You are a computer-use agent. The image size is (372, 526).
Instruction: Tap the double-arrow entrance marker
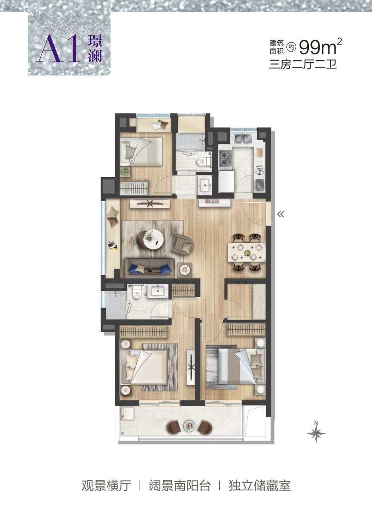[x=281, y=214]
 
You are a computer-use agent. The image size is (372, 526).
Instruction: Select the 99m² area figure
[x=320, y=46]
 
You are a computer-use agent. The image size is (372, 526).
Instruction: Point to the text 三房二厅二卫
[x=303, y=64]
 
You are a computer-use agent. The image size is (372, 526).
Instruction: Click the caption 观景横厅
[x=106, y=485]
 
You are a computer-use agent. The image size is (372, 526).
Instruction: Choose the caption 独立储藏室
[x=260, y=485]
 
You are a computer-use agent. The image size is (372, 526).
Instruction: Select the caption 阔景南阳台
[x=180, y=485]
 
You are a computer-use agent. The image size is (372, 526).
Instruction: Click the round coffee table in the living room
[x=153, y=239]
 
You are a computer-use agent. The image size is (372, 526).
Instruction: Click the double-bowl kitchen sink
[x=243, y=138]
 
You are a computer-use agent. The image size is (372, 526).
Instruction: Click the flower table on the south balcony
[x=189, y=426]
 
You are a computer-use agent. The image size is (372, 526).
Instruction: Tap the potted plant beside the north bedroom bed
[x=125, y=172]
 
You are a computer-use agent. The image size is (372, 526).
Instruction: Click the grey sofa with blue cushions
[x=150, y=268]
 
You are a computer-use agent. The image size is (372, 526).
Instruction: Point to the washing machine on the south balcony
[x=127, y=413]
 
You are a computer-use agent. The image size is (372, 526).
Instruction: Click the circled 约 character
[x=291, y=47]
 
